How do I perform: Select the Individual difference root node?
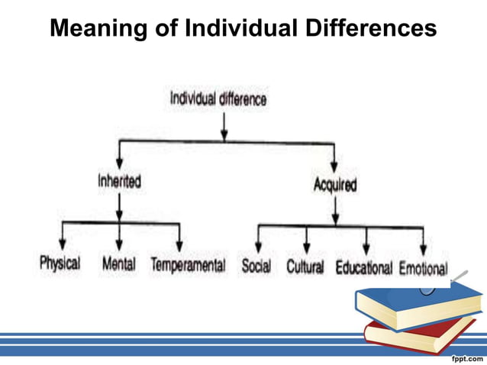tap(218, 99)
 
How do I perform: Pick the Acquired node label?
tap(334, 186)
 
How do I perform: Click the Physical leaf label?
tap(60, 264)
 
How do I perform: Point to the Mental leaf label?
tap(119, 264)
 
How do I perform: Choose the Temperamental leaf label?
tap(188, 265)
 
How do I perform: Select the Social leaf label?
tap(256, 266)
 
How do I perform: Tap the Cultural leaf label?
tap(305, 267)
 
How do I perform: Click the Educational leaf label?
tap(363, 268)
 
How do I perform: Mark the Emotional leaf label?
tap(423, 268)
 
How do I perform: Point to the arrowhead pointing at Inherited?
tap(120, 168)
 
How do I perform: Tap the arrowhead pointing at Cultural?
tap(307, 250)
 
